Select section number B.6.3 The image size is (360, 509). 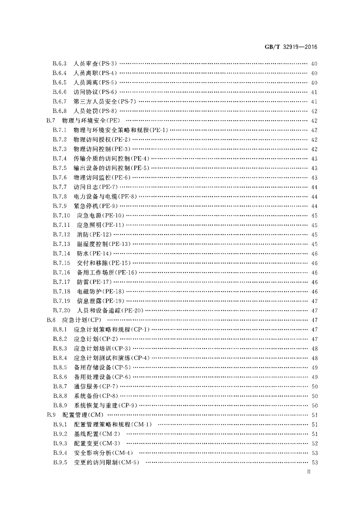click(x=59, y=64)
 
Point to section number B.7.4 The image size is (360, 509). click(x=59, y=158)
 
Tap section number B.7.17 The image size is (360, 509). click(x=61, y=282)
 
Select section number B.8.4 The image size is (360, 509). click(x=59, y=358)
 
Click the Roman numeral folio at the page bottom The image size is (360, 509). click(x=309, y=473)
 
